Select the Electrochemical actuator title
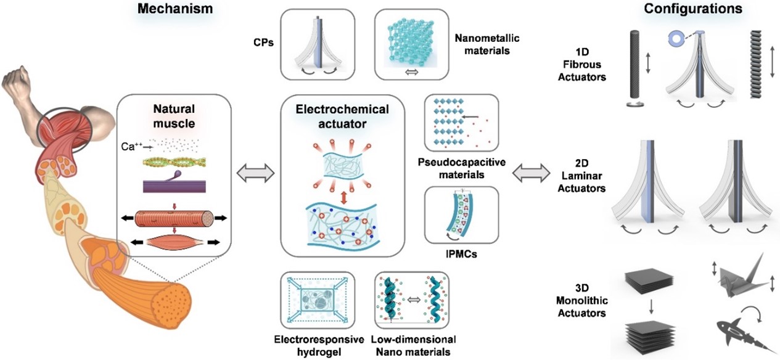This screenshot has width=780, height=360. [343, 117]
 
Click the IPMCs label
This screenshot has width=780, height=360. [455, 253]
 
